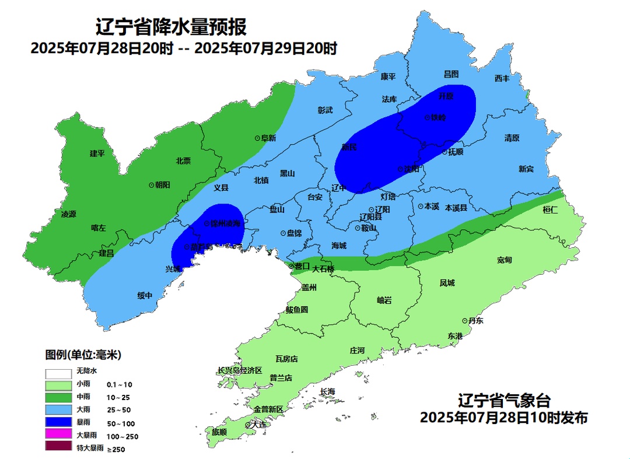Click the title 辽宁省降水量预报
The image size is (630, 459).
point(171,27)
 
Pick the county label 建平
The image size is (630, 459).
point(97,153)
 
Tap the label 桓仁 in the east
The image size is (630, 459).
point(550,209)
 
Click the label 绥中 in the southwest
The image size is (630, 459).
point(145,296)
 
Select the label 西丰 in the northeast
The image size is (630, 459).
point(502,78)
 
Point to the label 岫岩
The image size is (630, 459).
point(384,300)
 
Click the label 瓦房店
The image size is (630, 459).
point(286,359)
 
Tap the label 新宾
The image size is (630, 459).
point(526,169)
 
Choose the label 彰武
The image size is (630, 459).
point(325,110)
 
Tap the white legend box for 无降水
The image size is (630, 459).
point(58,372)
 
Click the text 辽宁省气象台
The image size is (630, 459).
point(504,401)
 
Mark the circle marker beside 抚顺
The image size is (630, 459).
point(444,152)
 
